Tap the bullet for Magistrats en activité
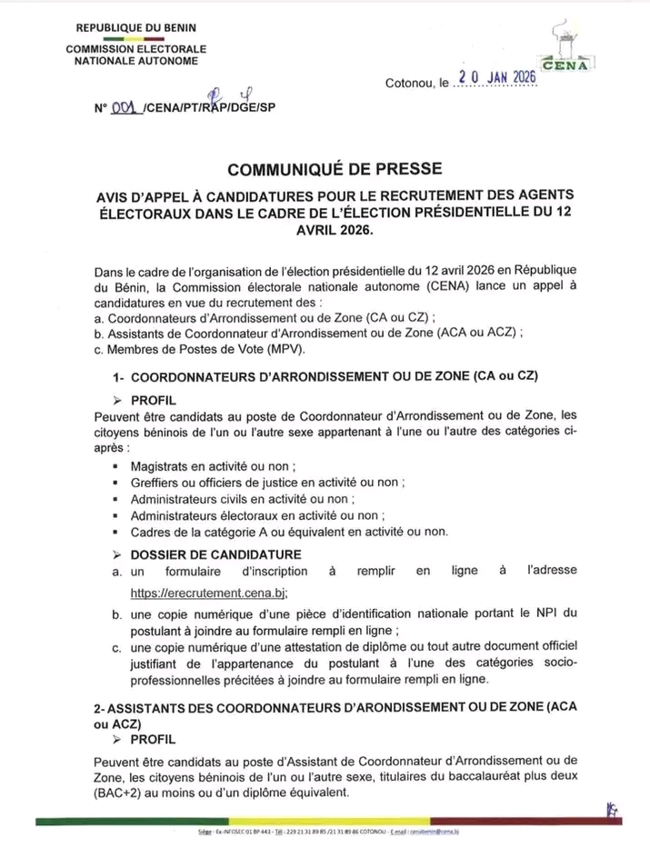tap(117, 465)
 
